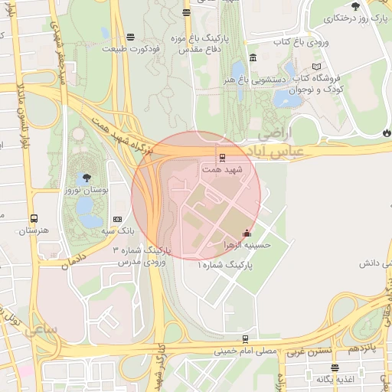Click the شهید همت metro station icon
point(222,158)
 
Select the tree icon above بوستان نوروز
point(87,177)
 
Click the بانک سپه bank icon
point(116,219)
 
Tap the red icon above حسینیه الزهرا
point(246,234)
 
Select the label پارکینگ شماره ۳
point(142,250)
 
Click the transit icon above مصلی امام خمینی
point(245,339)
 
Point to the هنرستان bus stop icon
point(33,218)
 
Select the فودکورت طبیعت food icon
point(130,36)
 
